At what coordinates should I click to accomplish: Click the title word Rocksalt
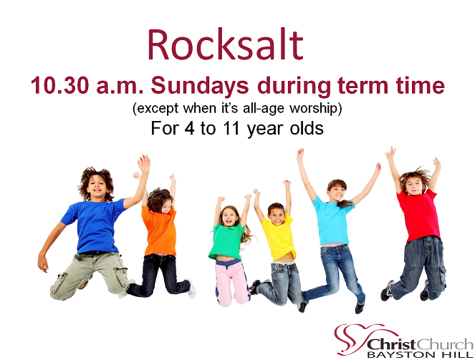[x=226, y=45]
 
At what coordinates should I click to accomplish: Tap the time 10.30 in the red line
[x=59, y=86]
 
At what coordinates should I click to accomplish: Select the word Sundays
[x=200, y=86]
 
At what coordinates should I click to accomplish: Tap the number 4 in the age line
[x=189, y=128]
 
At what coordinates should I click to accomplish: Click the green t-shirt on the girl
[x=226, y=241]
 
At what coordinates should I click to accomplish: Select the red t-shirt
[x=419, y=215]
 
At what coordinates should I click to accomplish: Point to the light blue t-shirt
[x=332, y=221]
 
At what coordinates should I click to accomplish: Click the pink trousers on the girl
[x=232, y=282]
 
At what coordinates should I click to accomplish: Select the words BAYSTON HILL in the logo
[x=420, y=354]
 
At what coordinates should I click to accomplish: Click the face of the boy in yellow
[x=277, y=215]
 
